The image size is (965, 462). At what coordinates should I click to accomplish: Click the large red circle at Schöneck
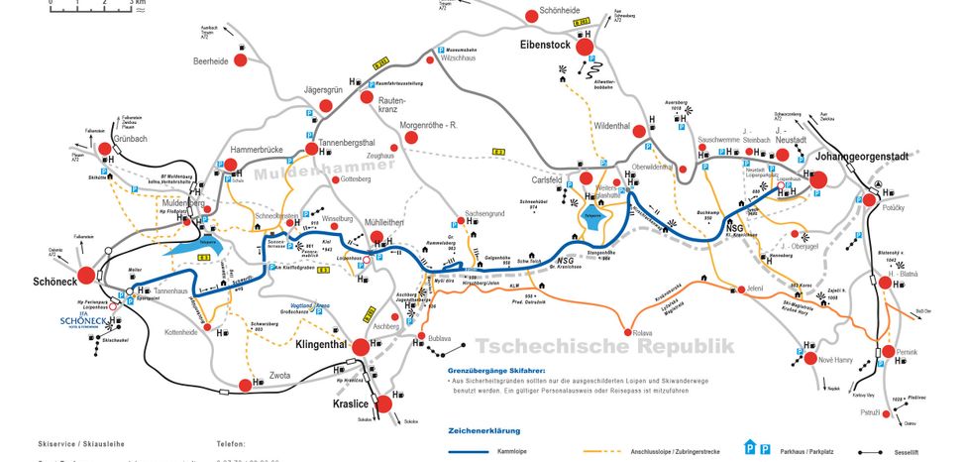[x=86, y=275]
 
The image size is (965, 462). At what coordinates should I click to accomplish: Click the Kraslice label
[x=352, y=404]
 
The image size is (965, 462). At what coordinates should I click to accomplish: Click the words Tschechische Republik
[x=604, y=346]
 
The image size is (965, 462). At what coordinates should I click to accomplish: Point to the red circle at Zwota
[x=244, y=385]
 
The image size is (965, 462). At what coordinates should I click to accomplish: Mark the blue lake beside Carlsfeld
[x=593, y=218]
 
